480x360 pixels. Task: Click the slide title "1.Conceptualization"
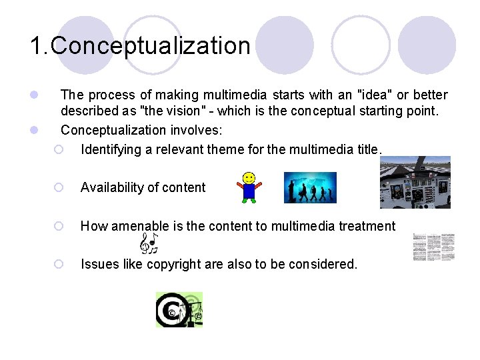pyautogui.click(x=140, y=46)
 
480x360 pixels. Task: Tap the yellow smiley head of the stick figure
pyautogui.click(x=249, y=179)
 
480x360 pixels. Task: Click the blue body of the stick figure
pyautogui.click(x=249, y=191)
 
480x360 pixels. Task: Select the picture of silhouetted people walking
pyautogui.click(x=310, y=187)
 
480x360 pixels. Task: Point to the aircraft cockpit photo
pyautogui.click(x=415, y=182)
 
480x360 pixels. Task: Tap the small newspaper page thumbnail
pyautogui.click(x=433, y=247)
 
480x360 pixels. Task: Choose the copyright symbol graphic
pyautogui.click(x=179, y=309)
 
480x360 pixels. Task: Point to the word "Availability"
pyautogui.click(x=111, y=188)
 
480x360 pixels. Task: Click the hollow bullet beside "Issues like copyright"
pyautogui.click(x=59, y=264)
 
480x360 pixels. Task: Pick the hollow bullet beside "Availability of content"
pyautogui.click(x=59, y=188)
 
